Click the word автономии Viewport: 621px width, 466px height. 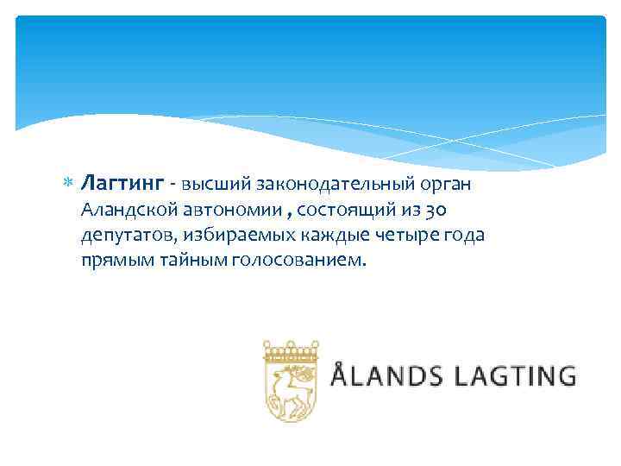[x=228, y=210]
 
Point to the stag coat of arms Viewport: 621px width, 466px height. [x=291, y=381]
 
